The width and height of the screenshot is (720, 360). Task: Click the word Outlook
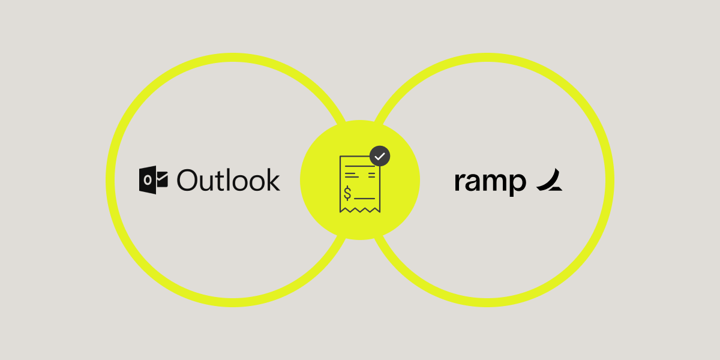pos(229,181)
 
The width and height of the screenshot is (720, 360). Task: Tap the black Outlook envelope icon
pos(152,181)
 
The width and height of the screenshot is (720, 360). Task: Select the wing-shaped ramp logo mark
pos(549,181)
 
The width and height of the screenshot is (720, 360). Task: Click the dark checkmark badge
pos(379,156)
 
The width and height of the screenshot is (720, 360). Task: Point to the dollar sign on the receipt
pos(348,193)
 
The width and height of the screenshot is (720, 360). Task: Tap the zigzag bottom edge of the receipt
pos(359,209)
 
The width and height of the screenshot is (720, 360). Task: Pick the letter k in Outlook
pos(273,180)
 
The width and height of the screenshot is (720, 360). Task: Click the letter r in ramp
pos(459,182)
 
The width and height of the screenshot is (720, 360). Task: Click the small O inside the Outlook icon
pos(147,181)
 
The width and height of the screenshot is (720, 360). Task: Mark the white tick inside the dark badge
pos(379,156)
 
